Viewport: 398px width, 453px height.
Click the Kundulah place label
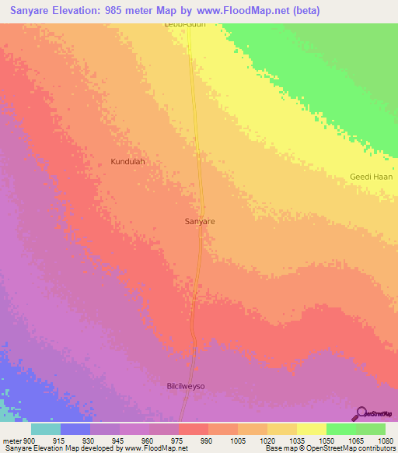point(128,162)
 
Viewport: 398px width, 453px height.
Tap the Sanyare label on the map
point(200,222)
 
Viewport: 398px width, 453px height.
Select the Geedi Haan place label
point(372,177)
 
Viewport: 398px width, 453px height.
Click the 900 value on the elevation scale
point(30,441)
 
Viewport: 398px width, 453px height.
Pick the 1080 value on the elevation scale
point(385,441)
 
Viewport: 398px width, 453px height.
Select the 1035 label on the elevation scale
point(296,441)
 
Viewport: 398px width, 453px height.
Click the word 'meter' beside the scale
point(12,441)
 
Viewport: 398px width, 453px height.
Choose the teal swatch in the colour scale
point(46,429)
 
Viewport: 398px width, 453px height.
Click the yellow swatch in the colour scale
point(312,429)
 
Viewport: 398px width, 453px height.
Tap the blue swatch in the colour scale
point(75,429)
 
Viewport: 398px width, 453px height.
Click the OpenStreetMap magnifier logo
point(361,413)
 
